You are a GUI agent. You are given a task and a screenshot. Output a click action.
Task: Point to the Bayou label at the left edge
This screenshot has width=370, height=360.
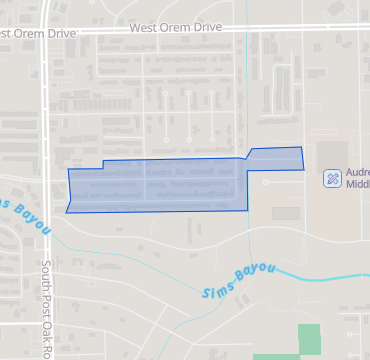pyautogui.click(x=25, y=215)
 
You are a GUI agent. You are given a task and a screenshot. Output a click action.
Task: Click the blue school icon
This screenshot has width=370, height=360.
pyautogui.click(x=331, y=179)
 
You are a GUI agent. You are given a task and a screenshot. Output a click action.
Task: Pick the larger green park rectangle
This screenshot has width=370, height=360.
pyautogui.click(x=310, y=339)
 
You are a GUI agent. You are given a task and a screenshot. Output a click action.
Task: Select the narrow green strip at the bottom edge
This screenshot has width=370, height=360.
pyautogui.click(x=276, y=356)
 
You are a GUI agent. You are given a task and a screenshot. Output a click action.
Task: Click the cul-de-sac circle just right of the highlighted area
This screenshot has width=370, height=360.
pyautogui.click(x=265, y=183)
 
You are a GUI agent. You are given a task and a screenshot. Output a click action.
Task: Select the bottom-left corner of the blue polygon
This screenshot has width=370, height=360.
pyautogui.click(x=66, y=212)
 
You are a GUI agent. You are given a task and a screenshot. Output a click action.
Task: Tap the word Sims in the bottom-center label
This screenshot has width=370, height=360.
pyautogui.click(x=217, y=292)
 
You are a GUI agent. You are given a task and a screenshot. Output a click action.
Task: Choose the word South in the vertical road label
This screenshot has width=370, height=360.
pyautogui.click(x=47, y=277)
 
